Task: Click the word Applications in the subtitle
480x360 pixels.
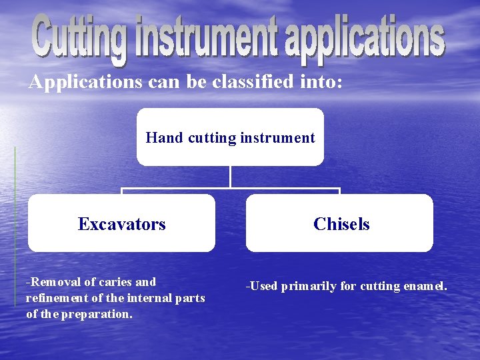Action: (85, 82)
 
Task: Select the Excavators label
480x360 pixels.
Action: (121, 224)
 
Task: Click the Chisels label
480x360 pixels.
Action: (341, 224)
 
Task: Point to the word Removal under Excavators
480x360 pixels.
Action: (53, 282)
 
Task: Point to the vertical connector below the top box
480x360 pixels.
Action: (230, 177)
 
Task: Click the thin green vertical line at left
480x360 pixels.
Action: (15, 227)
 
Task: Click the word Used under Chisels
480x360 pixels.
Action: (263, 287)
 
